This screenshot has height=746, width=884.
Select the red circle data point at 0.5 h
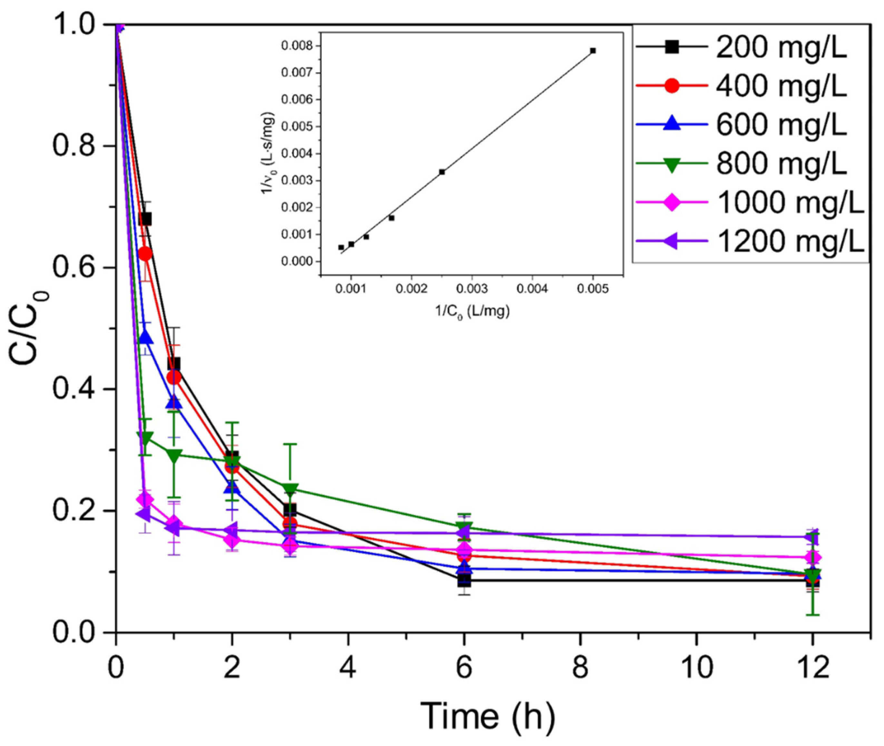(145, 254)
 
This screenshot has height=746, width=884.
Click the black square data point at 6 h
(464, 580)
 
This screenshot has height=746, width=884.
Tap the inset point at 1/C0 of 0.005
(593, 51)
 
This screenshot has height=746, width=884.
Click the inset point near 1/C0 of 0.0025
(442, 172)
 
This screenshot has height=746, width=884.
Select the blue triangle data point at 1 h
(174, 403)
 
